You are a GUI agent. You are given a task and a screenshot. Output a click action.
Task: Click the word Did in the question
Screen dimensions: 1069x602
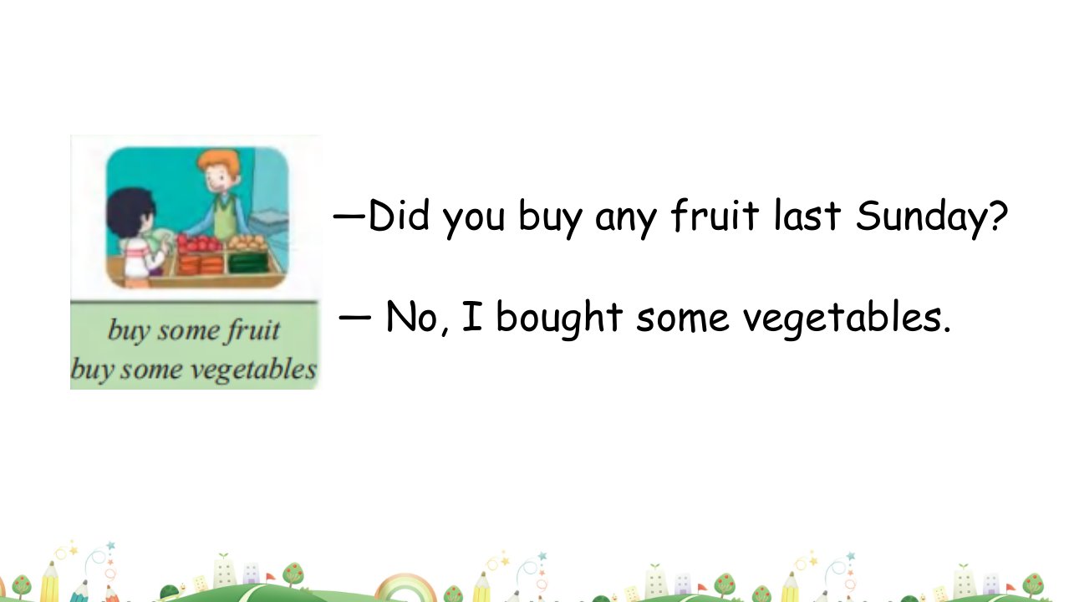(399, 216)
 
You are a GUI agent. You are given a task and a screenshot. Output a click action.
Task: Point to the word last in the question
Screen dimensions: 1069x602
(807, 216)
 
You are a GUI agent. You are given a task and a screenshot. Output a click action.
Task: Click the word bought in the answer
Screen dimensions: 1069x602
(559, 319)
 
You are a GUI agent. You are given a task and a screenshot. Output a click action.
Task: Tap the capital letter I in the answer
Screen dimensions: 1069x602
(472, 315)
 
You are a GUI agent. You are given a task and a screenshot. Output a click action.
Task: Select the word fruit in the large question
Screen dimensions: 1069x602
(715, 216)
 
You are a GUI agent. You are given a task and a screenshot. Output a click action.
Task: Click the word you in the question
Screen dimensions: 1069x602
(473, 221)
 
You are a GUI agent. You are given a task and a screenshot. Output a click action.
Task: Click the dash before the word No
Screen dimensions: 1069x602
(354, 317)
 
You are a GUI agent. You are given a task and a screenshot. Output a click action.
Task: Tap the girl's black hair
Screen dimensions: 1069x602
(128, 213)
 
